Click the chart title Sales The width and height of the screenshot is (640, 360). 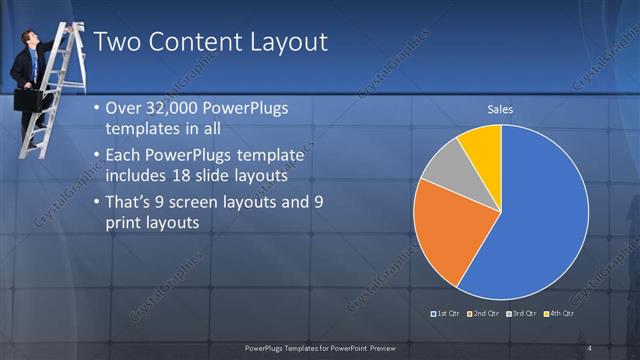(x=501, y=109)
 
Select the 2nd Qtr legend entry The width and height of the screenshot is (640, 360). (x=484, y=314)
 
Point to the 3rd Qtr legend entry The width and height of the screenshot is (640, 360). (x=522, y=314)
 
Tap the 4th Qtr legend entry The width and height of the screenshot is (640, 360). (x=560, y=314)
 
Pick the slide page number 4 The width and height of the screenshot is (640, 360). (x=589, y=347)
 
